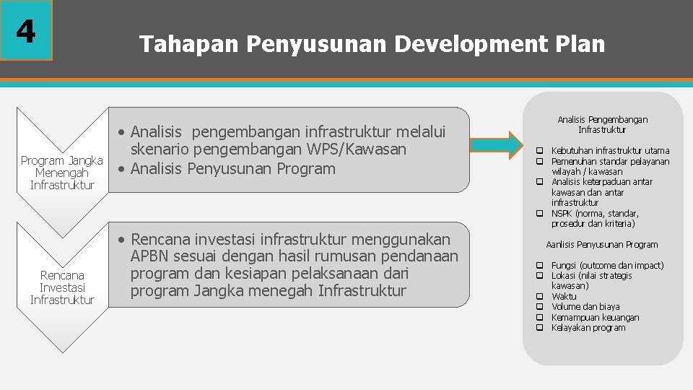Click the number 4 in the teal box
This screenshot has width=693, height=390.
(26, 30)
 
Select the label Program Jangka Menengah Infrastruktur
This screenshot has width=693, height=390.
(62, 173)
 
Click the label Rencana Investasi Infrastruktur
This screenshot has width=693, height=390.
(62, 287)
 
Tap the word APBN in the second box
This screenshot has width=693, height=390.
(153, 256)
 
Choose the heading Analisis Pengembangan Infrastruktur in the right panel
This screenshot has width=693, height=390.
(603, 125)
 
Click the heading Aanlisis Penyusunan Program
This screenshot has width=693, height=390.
(602, 245)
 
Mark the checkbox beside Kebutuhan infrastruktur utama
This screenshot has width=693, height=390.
(539, 151)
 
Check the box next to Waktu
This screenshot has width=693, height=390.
(539, 297)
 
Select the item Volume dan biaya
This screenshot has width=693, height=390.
(585, 307)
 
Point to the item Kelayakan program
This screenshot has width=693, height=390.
(588, 328)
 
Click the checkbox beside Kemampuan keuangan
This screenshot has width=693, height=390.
(539, 318)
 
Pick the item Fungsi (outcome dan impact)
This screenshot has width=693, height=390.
(607, 266)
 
